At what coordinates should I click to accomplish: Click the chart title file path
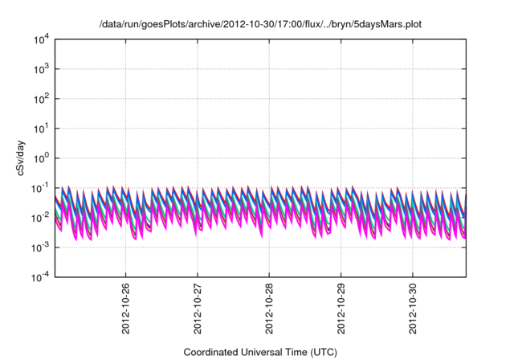point(260,24)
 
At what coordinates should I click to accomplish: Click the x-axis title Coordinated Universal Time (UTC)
point(260,352)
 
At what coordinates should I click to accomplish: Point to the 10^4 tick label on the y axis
point(41,39)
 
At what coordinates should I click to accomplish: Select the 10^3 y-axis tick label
point(41,69)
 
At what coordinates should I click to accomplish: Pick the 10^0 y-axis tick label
point(41,158)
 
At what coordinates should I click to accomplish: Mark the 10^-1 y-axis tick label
point(40,188)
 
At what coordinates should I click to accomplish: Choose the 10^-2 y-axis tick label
point(40,217)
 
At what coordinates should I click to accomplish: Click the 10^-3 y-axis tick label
point(40,247)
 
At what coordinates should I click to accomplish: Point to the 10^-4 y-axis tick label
point(40,276)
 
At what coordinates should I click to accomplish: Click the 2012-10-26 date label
point(125,309)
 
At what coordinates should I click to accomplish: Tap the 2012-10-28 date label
point(269,309)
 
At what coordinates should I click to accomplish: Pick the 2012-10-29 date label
point(341,309)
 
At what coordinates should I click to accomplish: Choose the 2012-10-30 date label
point(413,309)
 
